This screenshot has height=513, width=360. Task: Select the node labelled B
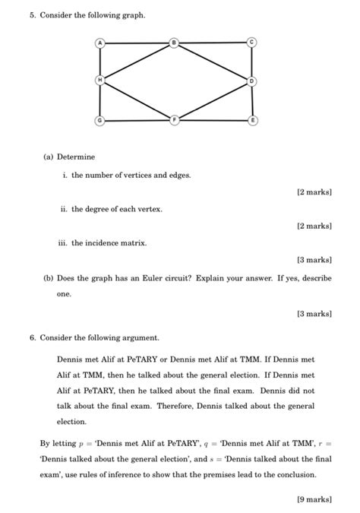click(175, 43)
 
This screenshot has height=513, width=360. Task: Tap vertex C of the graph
click(252, 43)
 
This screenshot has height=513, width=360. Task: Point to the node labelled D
click(252, 80)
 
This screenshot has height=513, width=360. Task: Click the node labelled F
click(175, 120)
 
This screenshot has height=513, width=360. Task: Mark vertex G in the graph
click(99, 120)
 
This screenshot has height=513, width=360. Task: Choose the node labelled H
click(99, 80)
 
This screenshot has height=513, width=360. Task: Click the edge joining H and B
click(137, 62)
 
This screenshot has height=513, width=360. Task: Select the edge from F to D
click(213, 100)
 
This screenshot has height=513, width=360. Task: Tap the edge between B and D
click(213, 62)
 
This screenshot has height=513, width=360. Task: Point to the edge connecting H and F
click(137, 100)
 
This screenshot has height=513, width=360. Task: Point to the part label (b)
click(48, 278)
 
